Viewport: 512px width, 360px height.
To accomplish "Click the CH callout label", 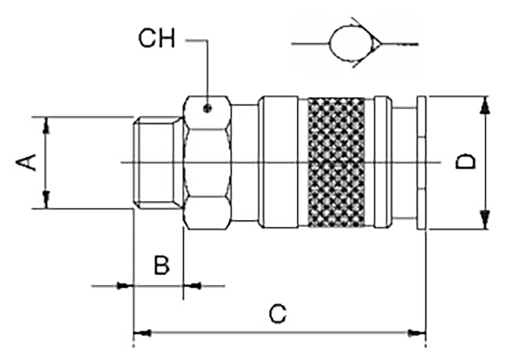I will pyautogui.click(x=157, y=39).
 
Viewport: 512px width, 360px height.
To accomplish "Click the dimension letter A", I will pyautogui.click(x=26, y=163).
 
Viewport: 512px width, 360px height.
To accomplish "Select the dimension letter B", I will pyautogui.click(x=162, y=266).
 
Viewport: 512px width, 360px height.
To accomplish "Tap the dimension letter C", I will pyautogui.click(x=277, y=314).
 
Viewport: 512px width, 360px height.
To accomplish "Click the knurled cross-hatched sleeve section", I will pyautogui.click(x=336, y=162).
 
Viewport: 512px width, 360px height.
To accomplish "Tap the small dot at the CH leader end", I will pyautogui.click(x=207, y=108).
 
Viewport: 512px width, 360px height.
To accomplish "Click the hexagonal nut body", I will pyautogui.click(x=207, y=163).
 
